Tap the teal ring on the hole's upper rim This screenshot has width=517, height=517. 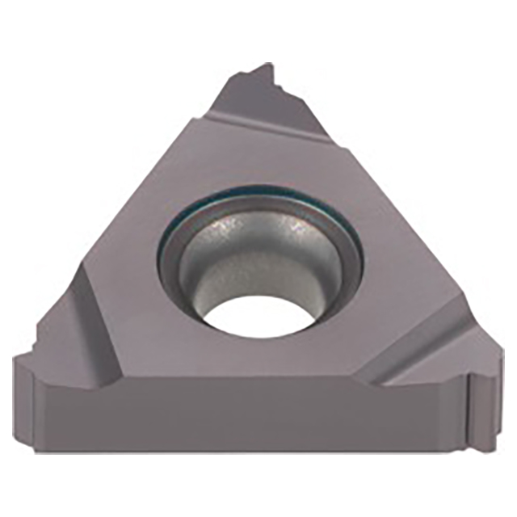tap(258, 195)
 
